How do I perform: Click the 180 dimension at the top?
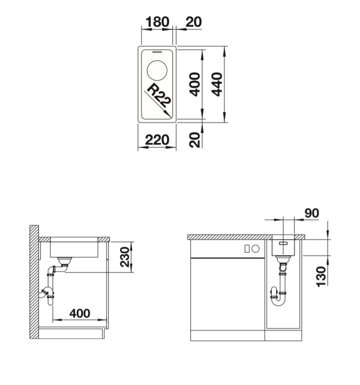[158, 22]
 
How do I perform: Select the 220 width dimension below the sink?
[157, 140]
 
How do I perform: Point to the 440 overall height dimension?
[217, 84]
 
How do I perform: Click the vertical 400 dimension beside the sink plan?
[195, 84]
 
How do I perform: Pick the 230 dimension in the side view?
[125, 257]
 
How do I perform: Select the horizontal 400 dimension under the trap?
[80, 313]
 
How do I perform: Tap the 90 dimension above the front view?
[312, 213]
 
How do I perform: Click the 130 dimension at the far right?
[321, 276]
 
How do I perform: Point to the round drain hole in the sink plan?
[157, 70]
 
